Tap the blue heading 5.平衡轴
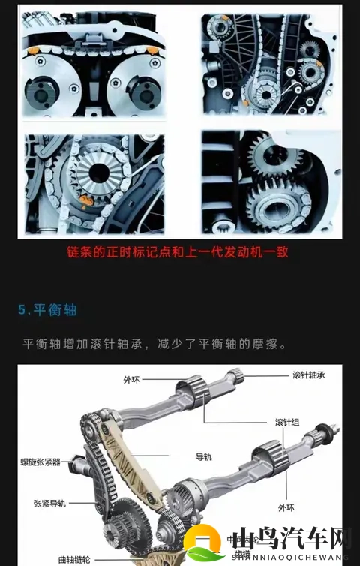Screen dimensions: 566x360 click(48, 309)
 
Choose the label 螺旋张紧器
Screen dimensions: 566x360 click(41, 462)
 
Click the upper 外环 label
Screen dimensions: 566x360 click(131, 380)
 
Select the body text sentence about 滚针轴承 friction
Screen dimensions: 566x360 click(155, 343)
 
